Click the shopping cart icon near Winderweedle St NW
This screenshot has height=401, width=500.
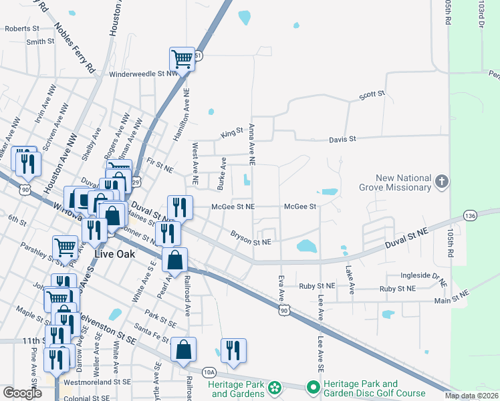tap(182, 59)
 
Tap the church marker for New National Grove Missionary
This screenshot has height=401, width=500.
tap(441, 182)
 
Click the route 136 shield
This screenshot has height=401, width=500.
tap(470, 215)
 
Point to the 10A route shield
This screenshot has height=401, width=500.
tap(209, 372)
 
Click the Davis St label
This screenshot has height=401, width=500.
tap(342, 139)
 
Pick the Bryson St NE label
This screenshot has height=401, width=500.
tap(251, 237)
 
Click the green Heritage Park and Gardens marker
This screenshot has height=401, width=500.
tap(274, 388)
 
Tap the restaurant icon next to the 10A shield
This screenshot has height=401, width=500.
tap(233, 352)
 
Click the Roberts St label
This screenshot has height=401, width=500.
tap(22, 29)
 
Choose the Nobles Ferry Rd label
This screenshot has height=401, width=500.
tap(75, 47)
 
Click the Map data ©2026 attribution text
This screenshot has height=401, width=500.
tap(472, 396)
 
